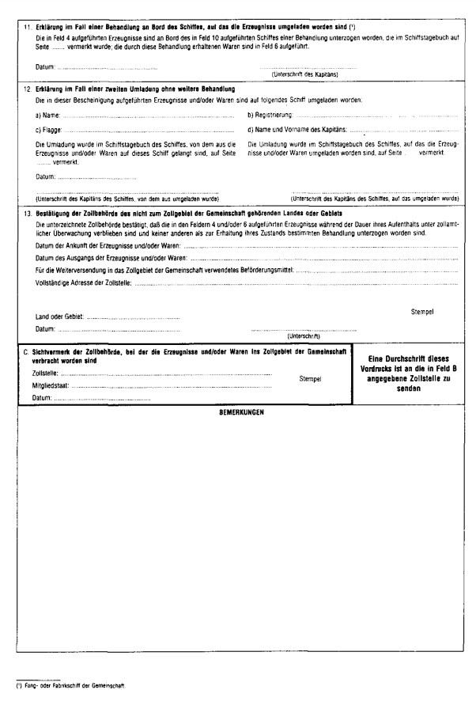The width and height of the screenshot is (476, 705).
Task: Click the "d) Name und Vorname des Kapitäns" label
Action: point(298,128)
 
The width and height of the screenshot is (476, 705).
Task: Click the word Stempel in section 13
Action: point(423,312)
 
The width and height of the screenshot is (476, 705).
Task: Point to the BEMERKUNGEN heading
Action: point(240,413)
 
